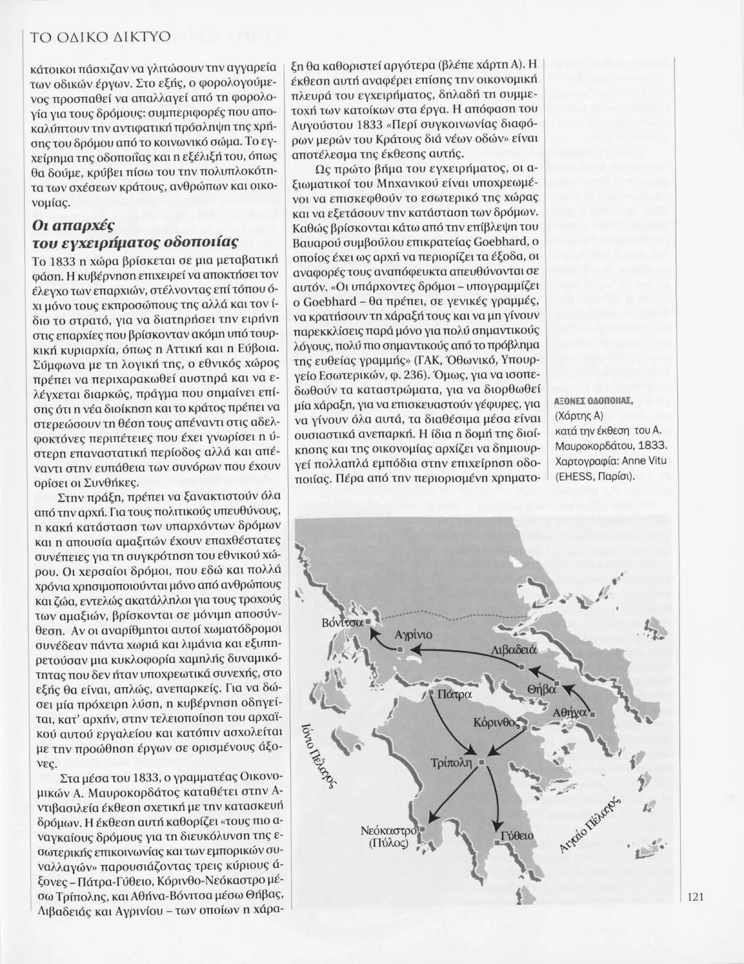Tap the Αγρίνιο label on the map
click(413, 635)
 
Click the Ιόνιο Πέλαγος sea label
click(318, 756)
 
